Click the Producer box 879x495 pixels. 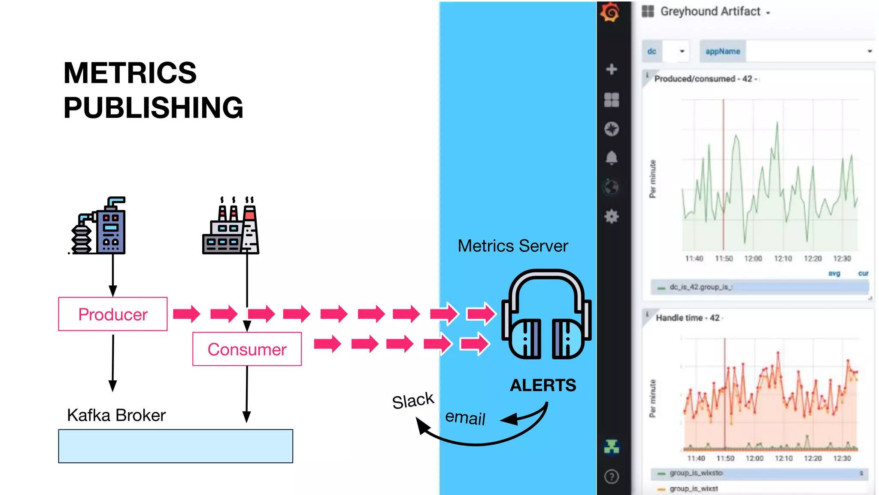click(113, 314)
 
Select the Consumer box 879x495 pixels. click(247, 349)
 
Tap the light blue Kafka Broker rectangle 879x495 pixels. click(176, 446)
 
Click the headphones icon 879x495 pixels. click(546, 315)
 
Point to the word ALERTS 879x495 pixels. click(543, 385)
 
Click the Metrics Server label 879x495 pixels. click(512, 246)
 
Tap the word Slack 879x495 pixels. click(413, 401)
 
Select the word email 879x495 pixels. click(465, 418)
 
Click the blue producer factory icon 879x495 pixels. click(100, 226)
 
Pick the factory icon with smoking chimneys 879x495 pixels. click(231, 226)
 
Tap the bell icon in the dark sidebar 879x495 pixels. click(611, 158)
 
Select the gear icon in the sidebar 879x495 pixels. click(611, 216)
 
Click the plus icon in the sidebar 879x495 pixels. click(611, 69)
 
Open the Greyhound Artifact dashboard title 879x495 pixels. click(710, 12)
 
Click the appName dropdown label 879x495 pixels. click(723, 52)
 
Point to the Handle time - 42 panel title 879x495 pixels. click(688, 318)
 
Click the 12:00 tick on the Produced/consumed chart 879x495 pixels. click(753, 259)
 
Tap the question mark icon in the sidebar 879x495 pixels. click(611, 477)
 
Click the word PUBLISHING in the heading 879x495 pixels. click(153, 107)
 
